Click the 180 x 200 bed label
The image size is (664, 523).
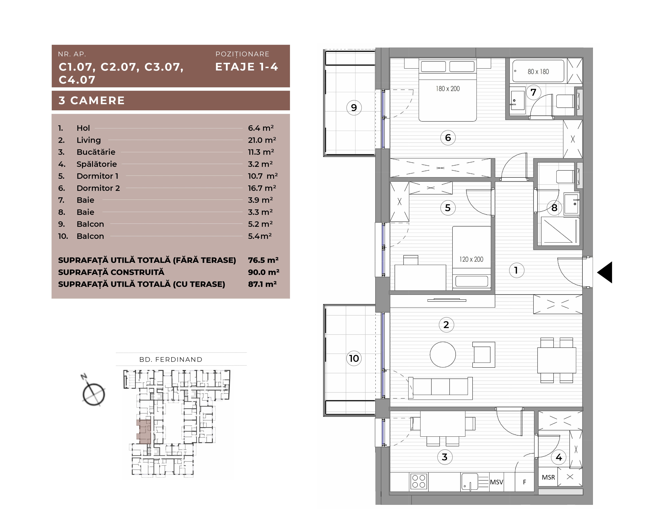pyautogui.click(x=448, y=89)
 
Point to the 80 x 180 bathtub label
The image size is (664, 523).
pyautogui.click(x=538, y=72)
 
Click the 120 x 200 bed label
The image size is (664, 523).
pyautogui.click(x=471, y=259)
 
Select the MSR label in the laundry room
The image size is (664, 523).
pyautogui.click(x=548, y=477)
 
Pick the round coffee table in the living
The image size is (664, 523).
pyautogui.click(x=443, y=355)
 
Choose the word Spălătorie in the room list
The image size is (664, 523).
pyautogui.click(x=97, y=164)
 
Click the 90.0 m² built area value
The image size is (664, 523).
pyautogui.click(x=264, y=272)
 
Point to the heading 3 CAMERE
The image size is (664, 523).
pyautogui.click(x=91, y=101)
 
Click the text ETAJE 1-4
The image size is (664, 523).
pyautogui.click(x=247, y=67)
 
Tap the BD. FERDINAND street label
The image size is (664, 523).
pyautogui.click(x=171, y=360)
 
